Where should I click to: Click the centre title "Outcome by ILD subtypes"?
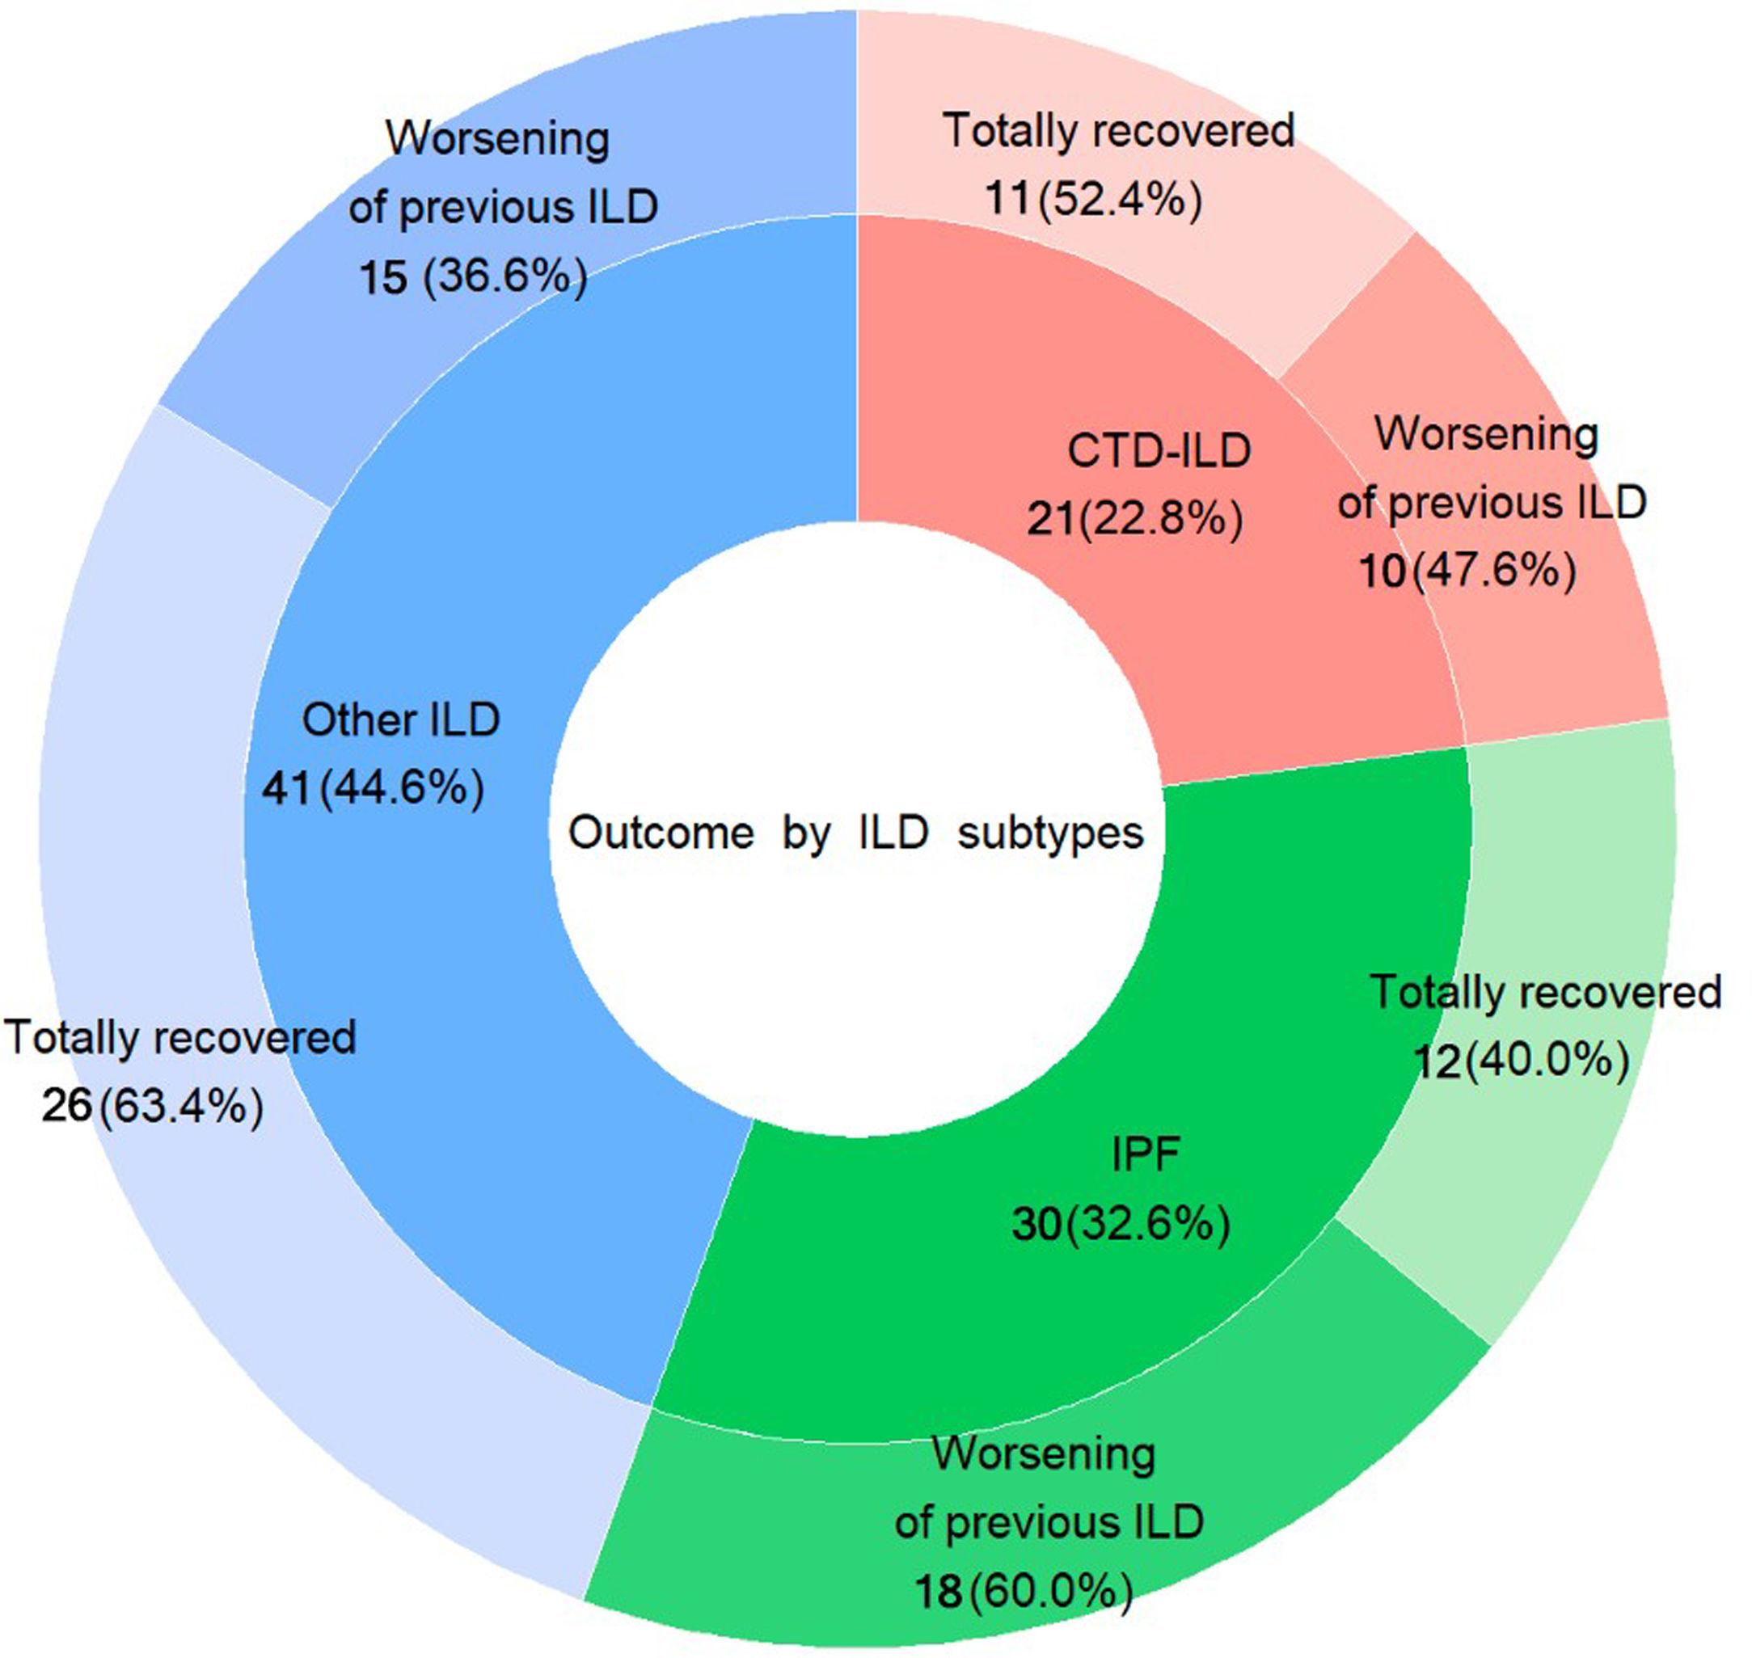pos(855,833)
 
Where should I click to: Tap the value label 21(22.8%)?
pos(1134,519)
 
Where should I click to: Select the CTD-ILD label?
pos(1159,451)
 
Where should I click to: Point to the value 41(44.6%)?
pos(373,787)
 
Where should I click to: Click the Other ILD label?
pos(401,719)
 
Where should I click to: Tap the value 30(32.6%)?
pos(1121,1224)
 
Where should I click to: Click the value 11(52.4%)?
pos(1093,199)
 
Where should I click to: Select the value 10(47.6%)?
pos(1467,571)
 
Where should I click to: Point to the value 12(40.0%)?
pos(1522,1060)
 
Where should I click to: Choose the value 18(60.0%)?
pos(1024,1592)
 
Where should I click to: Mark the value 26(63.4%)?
pos(152,1106)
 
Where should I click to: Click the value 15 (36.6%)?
pos(473,276)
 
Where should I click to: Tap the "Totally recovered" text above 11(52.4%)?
pos(1119,131)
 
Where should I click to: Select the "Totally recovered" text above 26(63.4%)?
pos(180,1036)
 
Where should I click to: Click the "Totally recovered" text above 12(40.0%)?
pos(1545,992)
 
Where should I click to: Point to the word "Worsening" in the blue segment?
pos(498,140)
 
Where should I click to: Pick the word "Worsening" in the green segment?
pos(1044,1453)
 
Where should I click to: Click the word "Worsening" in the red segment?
pos(1487,434)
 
